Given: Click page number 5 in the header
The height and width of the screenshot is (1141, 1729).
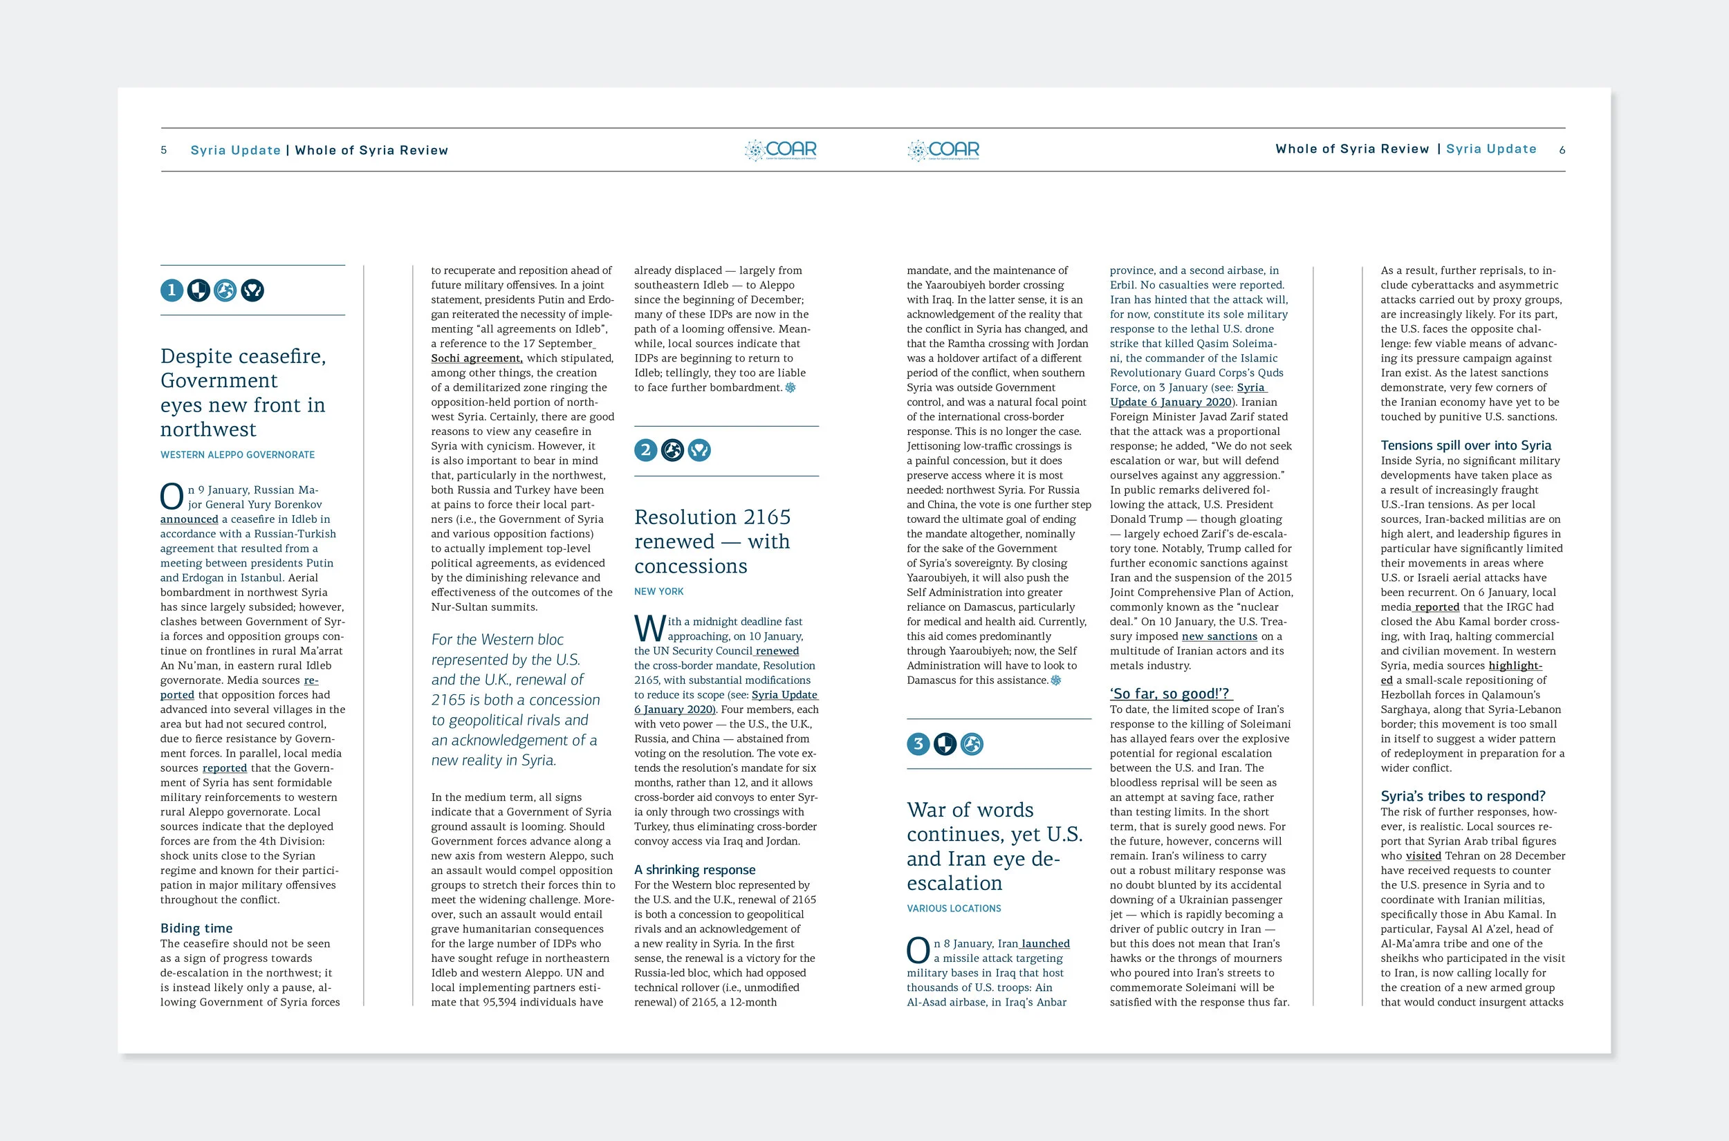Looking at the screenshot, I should click(164, 151).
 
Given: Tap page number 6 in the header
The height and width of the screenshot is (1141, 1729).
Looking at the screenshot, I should click(1562, 150).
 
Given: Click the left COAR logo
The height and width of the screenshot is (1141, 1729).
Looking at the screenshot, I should click(781, 150).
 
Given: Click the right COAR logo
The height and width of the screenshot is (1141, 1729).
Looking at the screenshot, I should click(944, 150).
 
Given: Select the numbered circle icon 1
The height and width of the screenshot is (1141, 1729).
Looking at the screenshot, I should click(172, 290).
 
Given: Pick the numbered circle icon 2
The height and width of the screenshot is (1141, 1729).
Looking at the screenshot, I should click(645, 450).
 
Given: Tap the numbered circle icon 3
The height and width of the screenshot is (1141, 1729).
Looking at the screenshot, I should click(918, 743).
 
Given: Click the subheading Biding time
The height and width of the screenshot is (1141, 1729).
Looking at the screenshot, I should click(196, 928).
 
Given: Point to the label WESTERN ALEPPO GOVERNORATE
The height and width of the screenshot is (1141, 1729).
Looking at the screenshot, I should click(237, 455).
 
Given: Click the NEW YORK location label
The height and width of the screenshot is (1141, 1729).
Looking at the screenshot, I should click(658, 592).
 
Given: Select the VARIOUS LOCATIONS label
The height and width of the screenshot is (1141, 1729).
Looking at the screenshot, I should click(953, 908).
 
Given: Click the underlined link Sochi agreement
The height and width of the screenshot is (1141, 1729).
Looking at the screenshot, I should click(477, 358).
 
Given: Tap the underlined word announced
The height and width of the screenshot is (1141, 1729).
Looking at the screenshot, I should click(189, 519).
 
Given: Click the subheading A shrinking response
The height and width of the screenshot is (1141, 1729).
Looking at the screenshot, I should click(694, 869).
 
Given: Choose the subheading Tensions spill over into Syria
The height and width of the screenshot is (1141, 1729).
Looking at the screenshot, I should click(1466, 445).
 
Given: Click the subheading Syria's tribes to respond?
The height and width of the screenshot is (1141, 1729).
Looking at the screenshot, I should click(1463, 796).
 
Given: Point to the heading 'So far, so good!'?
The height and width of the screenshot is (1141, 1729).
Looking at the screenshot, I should click(1169, 694).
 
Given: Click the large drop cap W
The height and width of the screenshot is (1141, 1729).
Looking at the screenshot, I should click(649, 629).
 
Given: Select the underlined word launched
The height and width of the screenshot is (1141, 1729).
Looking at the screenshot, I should click(1046, 943).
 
